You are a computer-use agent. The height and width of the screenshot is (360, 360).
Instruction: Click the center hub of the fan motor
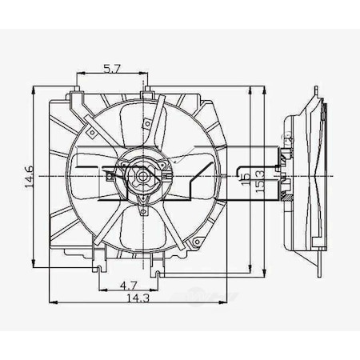(141, 174)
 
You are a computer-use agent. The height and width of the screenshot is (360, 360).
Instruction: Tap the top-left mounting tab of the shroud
(77, 97)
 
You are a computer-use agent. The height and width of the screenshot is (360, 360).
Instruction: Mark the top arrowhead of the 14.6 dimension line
(33, 84)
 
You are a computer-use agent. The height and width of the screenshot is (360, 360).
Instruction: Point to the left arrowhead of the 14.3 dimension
(52, 303)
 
